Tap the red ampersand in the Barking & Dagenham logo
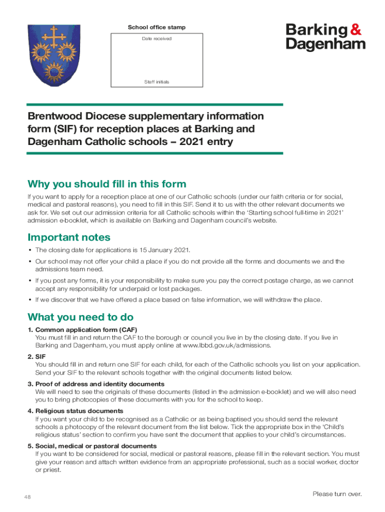coord(355,30)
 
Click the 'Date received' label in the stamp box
coord(156,38)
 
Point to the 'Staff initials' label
coord(156,81)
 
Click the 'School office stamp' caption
coord(156,27)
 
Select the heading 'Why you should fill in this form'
coord(107,184)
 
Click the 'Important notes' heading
coord(69,237)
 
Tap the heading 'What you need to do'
coord(80,317)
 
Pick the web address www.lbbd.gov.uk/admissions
coord(227,345)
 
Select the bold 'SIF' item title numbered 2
coord(40,357)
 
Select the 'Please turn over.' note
coord(336,494)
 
